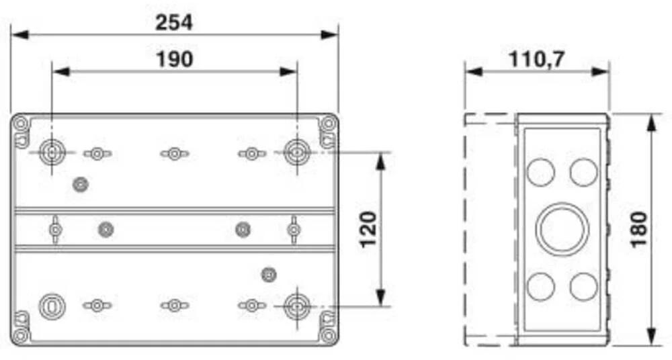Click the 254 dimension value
pos(174,22)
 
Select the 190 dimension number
pos(175,59)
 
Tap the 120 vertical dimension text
pos(368,229)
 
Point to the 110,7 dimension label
pos(537,59)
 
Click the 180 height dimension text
pos(638,229)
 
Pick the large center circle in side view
pos(562,229)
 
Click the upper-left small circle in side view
pos(540,173)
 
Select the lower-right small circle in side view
pos(583,286)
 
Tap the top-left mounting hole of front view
pos(52,152)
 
